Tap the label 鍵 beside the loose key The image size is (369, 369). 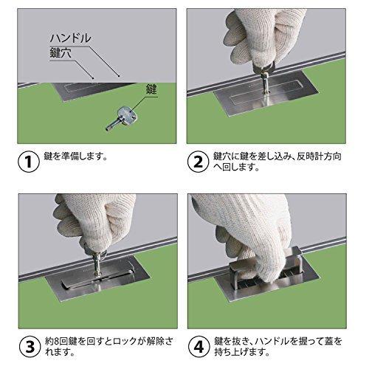click(152, 89)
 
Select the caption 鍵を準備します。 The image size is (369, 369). click(82, 156)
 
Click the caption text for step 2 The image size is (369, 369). click(280, 162)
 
